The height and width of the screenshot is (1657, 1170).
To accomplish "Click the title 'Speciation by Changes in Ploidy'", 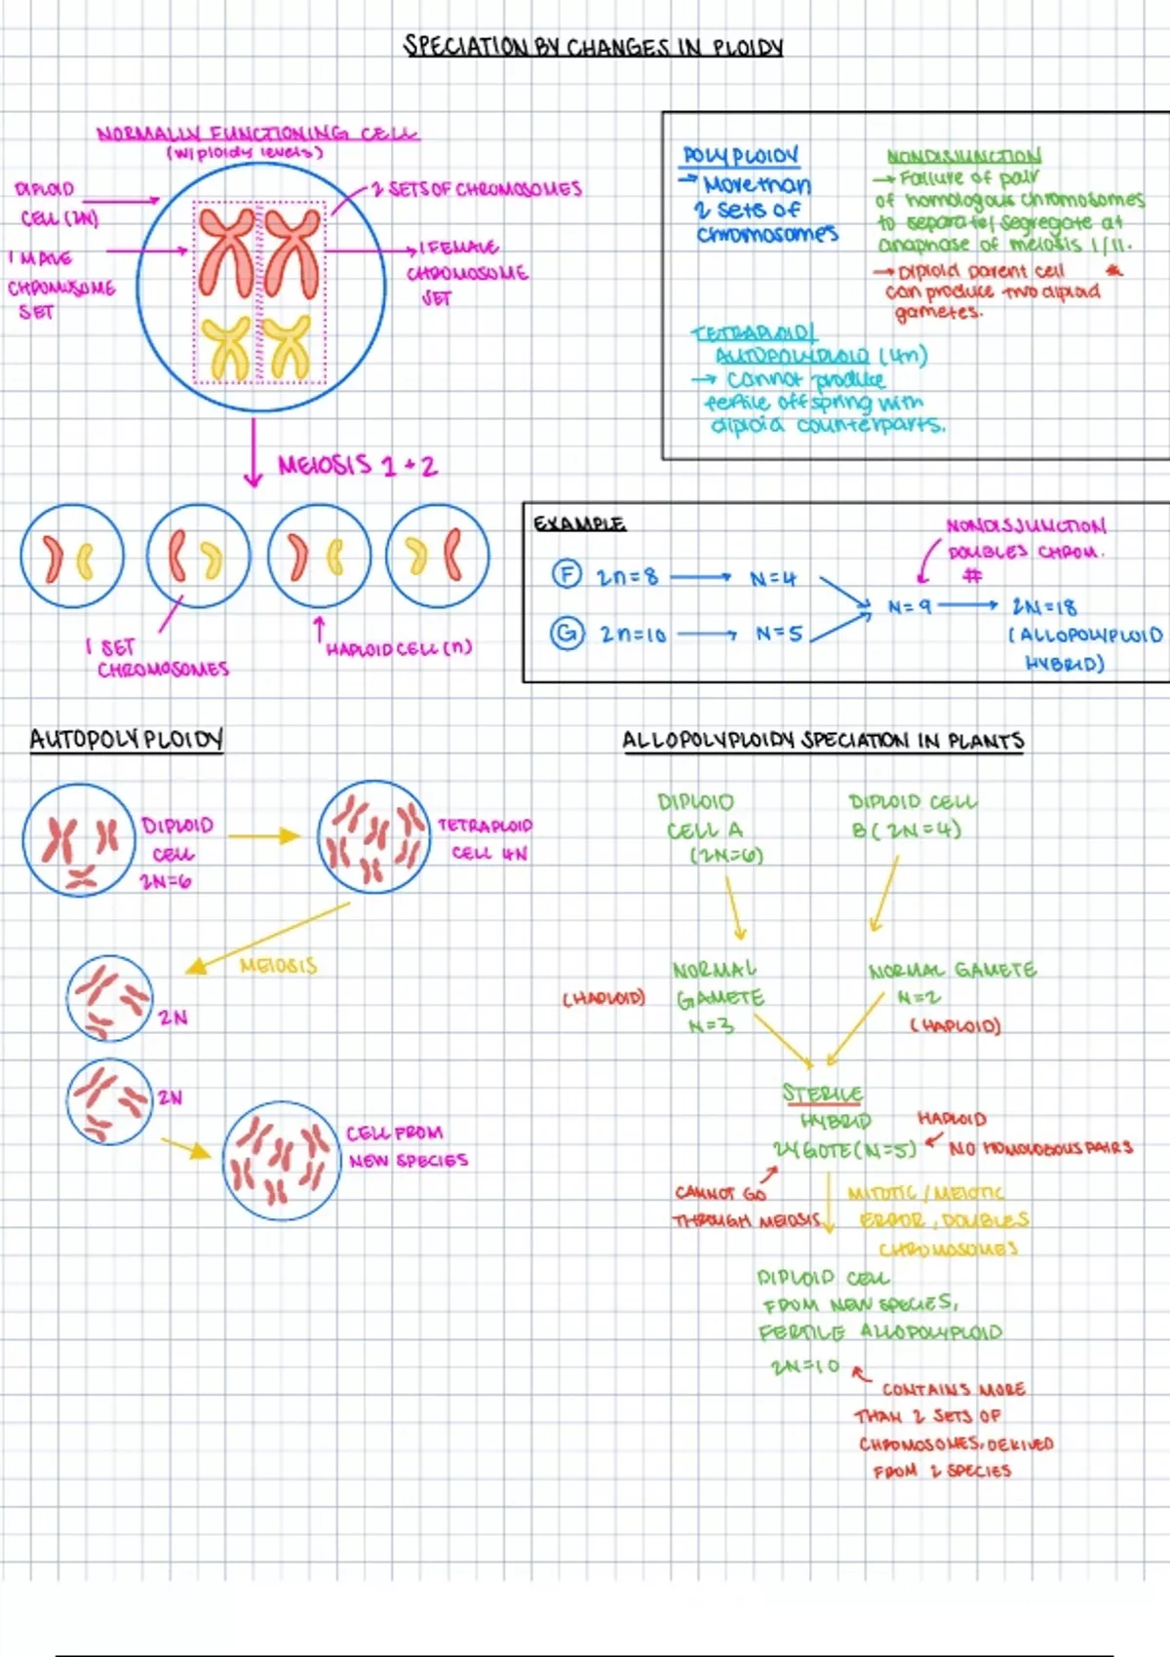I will (x=593, y=47).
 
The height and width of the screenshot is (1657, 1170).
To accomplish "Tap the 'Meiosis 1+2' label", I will (x=357, y=465).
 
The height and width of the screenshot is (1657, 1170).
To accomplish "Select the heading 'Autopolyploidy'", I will (x=126, y=740).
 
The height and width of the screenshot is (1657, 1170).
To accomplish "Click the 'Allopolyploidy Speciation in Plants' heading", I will (x=823, y=741).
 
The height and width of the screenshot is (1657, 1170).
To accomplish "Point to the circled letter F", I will (x=566, y=574).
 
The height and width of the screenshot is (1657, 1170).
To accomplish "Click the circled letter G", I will (x=566, y=634).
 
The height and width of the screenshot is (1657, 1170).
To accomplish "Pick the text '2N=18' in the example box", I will (x=1044, y=607).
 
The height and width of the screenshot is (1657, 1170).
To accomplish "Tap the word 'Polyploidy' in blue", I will (x=740, y=156).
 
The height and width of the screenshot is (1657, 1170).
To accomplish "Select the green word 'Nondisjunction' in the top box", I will (x=963, y=156).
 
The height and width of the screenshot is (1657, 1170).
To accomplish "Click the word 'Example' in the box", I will (x=579, y=523).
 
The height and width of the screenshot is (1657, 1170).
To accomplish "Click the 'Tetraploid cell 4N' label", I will (x=485, y=838).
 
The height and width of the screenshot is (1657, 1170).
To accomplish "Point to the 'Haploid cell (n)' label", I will (x=399, y=648).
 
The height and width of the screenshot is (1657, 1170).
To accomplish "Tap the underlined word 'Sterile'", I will (x=822, y=1094).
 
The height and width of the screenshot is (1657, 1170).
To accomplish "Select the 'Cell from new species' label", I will (x=408, y=1146).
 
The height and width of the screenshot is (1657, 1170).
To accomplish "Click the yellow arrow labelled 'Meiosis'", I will (x=268, y=936).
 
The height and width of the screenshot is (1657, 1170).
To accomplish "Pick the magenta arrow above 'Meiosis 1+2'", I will (x=253, y=452).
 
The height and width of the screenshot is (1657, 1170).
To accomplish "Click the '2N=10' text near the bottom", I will (x=804, y=1367).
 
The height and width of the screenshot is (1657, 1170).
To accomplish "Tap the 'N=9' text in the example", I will (x=909, y=607).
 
